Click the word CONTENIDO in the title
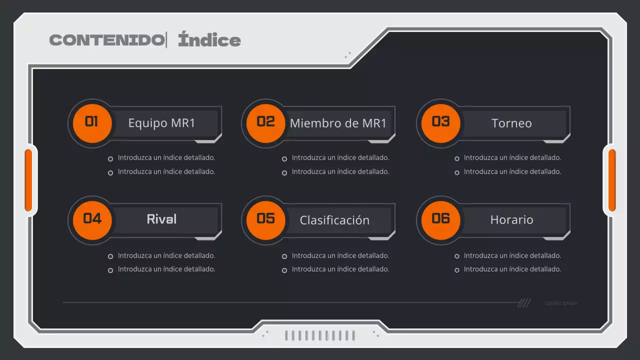pos(106,40)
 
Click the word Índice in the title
pos(209,40)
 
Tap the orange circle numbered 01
pos(92,122)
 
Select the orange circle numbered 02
pos(266,122)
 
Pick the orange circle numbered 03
pos(440,122)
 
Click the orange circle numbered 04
pos(92,219)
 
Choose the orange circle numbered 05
pos(266,219)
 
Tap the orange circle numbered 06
pos(440,219)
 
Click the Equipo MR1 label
pos(161,123)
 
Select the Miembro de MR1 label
pos(338,123)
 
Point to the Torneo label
pos(511,123)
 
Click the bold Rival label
pos(161,219)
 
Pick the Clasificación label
pos(334,220)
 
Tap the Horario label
pos(511,219)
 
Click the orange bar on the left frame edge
pos(28,180)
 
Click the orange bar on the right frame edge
pos(611,180)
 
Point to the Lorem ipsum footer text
pos(561,303)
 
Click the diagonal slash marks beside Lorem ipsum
pos(524,303)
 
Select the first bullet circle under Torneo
pos(457,159)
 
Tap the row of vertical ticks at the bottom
pos(320,335)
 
